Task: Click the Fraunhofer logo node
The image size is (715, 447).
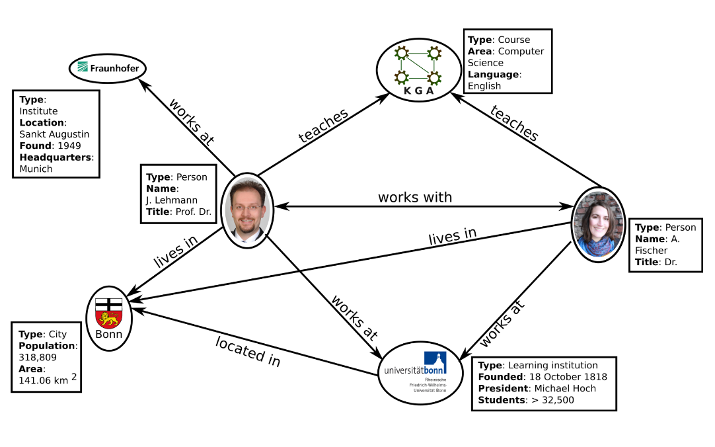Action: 108,68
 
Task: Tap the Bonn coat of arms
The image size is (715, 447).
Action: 109,313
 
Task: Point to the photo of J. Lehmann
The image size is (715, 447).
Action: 248,209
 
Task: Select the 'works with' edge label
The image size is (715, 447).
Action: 415,197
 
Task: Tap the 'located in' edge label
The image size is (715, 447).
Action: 248,350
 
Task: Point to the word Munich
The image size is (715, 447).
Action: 36,169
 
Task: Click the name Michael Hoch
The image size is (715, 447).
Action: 565,388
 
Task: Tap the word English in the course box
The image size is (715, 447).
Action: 484,86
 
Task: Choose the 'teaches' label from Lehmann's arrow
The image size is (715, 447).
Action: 323,126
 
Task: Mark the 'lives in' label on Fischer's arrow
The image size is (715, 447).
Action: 453,237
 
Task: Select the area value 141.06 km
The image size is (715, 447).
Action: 44,381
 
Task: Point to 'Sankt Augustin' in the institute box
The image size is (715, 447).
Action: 54,134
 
